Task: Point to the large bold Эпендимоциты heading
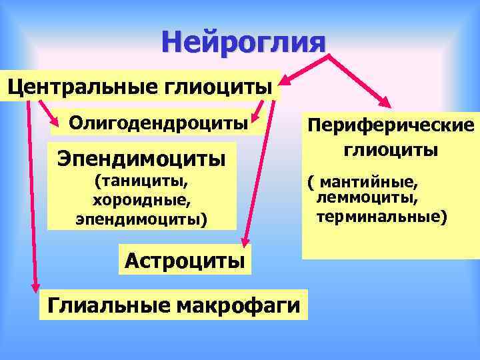[141, 159]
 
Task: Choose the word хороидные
[141, 199]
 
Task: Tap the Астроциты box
[184, 259]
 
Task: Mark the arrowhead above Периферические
[385, 101]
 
